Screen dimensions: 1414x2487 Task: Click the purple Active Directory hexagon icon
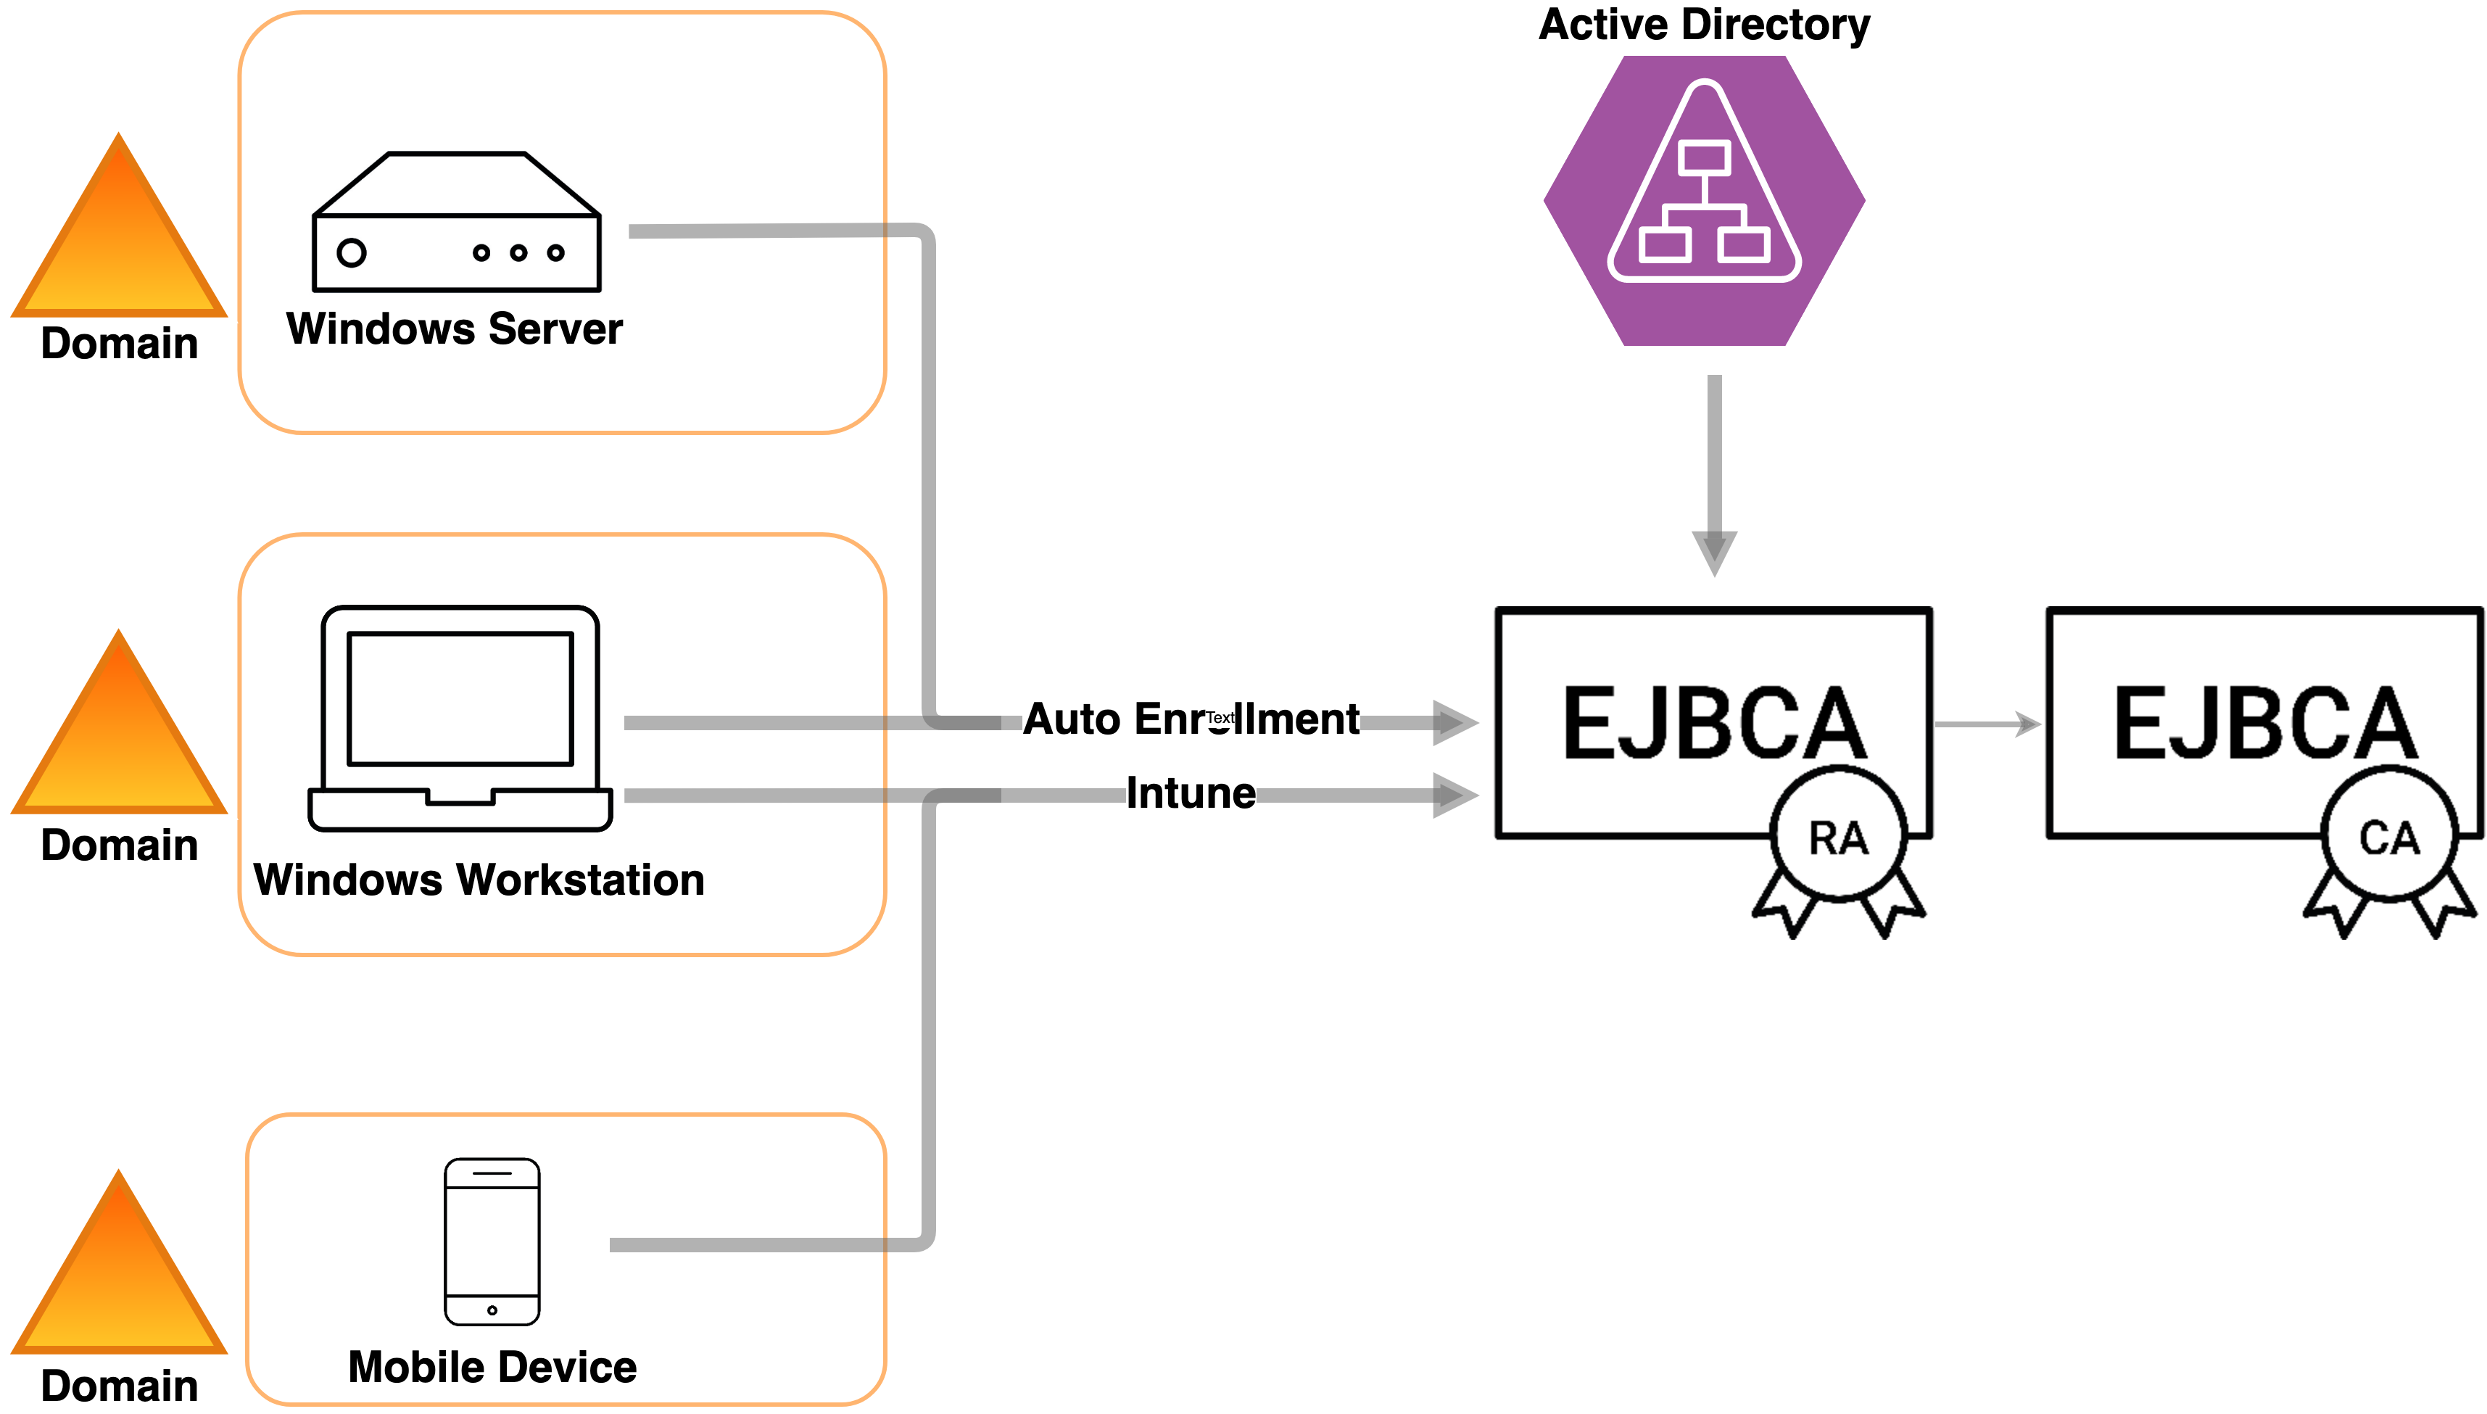click(x=1705, y=200)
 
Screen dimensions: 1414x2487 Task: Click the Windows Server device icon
click(x=456, y=223)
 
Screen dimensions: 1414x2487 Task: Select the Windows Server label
click(x=455, y=329)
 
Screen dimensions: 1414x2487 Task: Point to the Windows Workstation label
click(x=479, y=880)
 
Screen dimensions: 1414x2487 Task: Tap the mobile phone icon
click(x=492, y=1241)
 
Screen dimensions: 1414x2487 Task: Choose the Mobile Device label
click(x=492, y=1368)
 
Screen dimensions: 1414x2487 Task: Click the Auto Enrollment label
click(x=1191, y=719)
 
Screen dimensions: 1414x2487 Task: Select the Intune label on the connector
click(x=1191, y=793)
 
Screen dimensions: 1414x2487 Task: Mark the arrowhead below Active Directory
click(x=1715, y=552)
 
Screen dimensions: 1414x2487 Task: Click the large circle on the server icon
click(x=352, y=252)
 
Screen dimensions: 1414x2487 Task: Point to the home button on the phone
click(x=492, y=1310)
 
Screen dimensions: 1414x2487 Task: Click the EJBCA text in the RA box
click(x=1714, y=724)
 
